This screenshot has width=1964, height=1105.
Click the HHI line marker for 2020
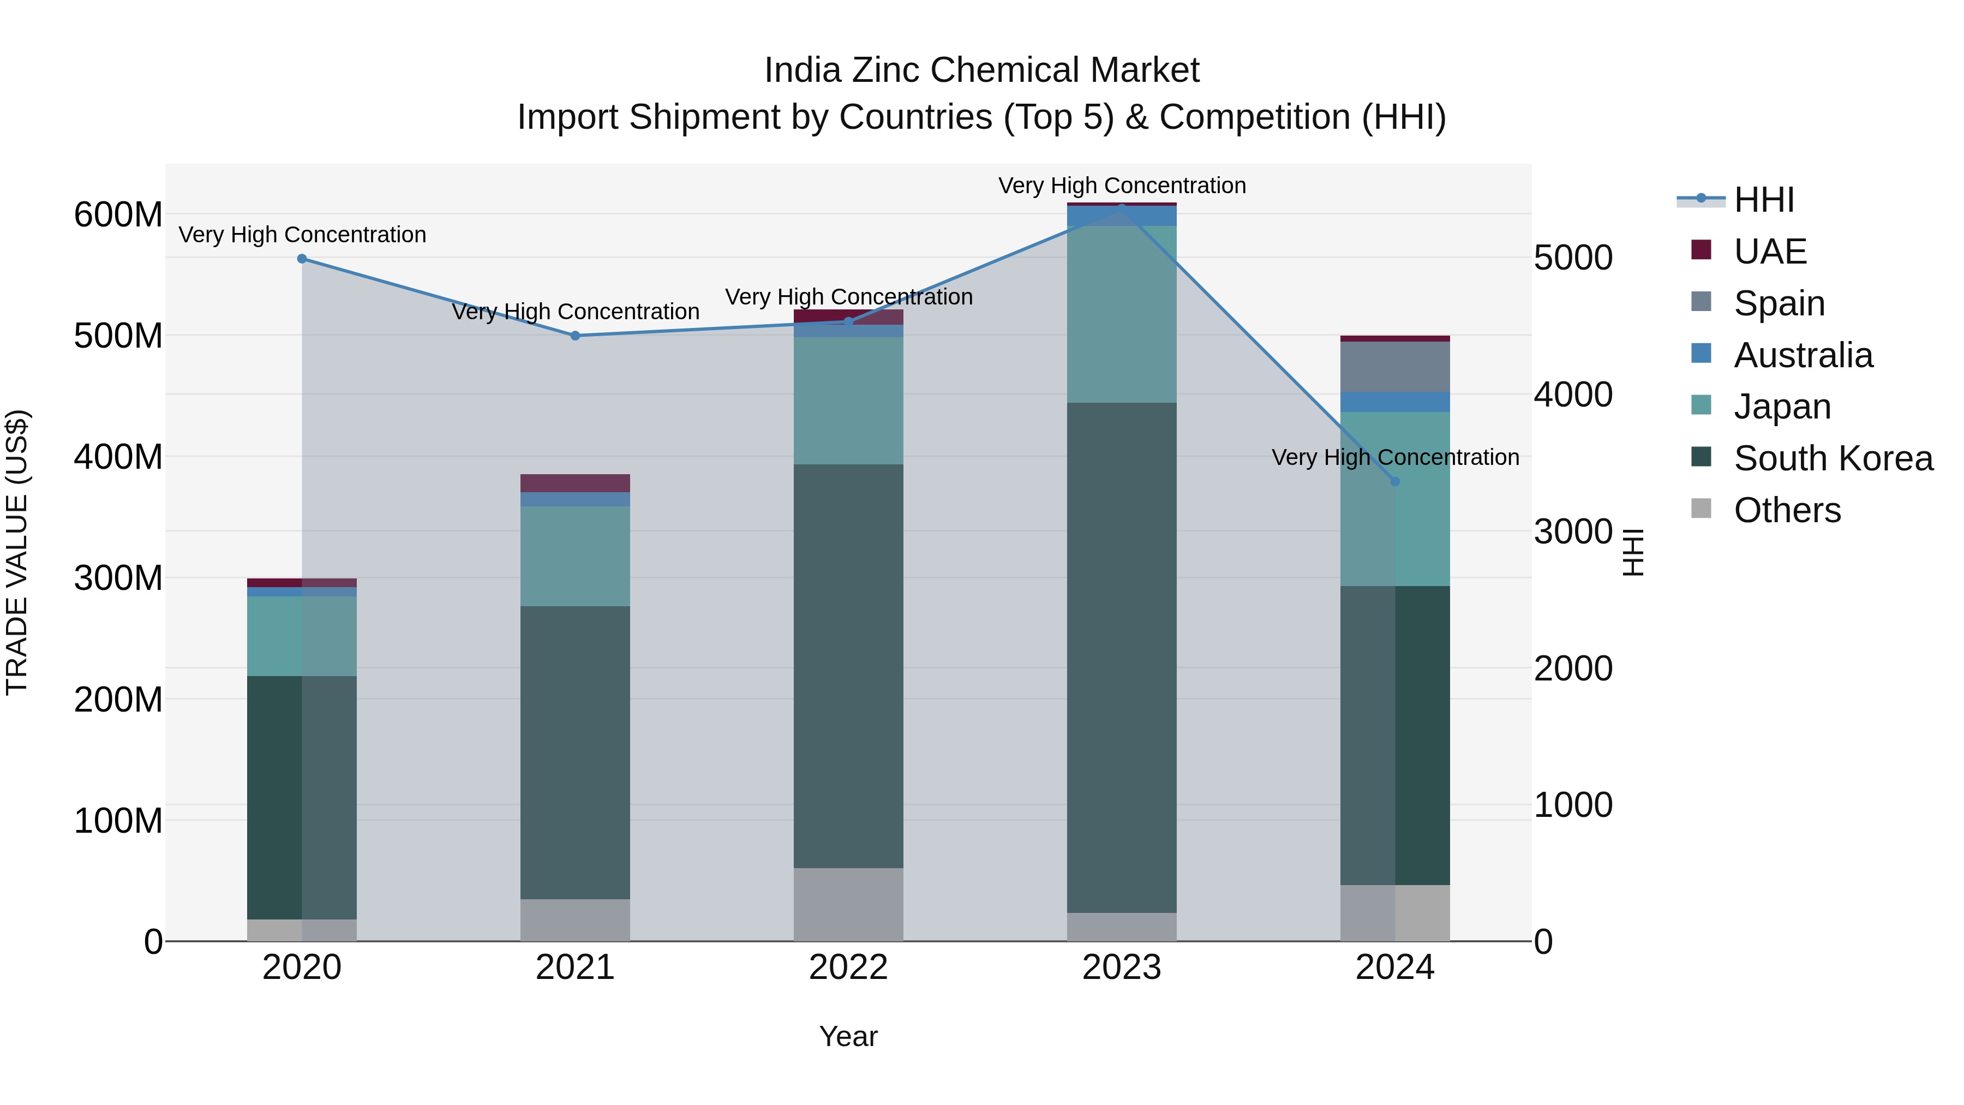302,259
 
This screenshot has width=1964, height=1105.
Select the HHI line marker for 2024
1394,481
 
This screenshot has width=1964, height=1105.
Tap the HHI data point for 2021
575,336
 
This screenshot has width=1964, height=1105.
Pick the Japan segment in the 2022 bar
848,401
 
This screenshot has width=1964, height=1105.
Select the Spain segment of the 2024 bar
1394,367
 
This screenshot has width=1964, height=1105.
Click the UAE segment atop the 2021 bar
575,483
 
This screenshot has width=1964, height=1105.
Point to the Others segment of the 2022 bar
848,904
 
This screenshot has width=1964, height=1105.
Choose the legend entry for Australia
1803,355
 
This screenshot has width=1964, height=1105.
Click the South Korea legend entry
1833,458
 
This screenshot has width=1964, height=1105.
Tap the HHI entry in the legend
1763,200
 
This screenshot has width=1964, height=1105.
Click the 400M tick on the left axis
118,457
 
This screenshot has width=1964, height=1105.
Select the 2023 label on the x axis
1122,967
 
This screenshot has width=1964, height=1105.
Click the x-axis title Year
848,1036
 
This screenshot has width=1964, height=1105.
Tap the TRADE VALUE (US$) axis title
17,552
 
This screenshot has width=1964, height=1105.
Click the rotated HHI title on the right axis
1633,552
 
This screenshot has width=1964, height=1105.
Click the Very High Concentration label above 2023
1122,186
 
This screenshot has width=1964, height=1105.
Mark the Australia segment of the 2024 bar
1394,402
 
